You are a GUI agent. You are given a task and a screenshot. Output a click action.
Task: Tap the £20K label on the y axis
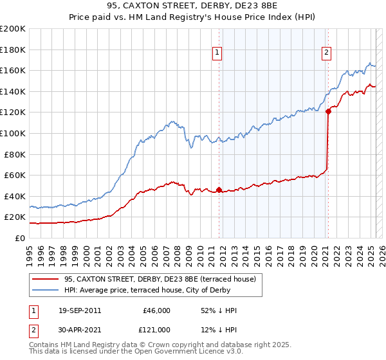(x=15, y=217)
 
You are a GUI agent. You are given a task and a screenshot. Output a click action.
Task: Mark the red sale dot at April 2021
(x=328, y=111)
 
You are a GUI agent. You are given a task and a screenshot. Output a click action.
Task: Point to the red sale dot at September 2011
(x=219, y=190)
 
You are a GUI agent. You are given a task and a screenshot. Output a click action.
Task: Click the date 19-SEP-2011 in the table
(x=80, y=310)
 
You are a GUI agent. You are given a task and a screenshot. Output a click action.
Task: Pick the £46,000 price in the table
(x=155, y=310)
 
